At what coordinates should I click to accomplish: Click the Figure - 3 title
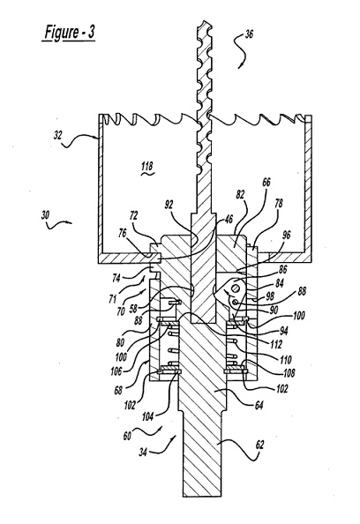click(70, 34)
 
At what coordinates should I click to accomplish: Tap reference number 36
click(249, 34)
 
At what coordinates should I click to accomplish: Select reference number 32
click(58, 136)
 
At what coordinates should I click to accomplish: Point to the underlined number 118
click(147, 166)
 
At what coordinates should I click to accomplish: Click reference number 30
click(45, 215)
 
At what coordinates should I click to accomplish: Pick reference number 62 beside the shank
click(259, 445)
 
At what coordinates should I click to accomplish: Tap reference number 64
click(259, 406)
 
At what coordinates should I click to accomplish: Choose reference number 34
click(143, 453)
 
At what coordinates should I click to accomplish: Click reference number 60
click(127, 436)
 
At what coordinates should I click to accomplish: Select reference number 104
click(147, 416)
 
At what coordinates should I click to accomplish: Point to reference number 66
click(266, 182)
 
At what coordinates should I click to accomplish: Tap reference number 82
click(240, 194)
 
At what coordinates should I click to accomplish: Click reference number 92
click(169, 205)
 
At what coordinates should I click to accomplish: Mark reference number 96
click(287, 235)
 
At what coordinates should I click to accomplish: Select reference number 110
click(286, 360)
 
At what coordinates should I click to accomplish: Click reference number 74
click(116, 278)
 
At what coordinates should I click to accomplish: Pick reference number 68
click(118, 390)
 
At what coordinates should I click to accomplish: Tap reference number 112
click(276, 344)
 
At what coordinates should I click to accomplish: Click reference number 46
click(229, 220)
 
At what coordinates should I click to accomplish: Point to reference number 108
click(289, 372)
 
